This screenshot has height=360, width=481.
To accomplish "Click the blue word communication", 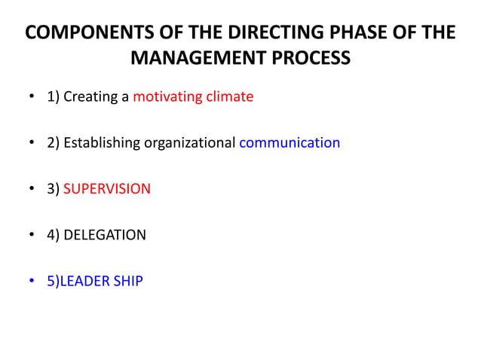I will point(290,142).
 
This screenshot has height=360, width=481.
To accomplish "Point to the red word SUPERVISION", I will point(106,188).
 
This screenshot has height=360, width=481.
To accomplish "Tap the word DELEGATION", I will point(105,235).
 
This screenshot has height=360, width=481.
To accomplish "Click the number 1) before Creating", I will point(53,97).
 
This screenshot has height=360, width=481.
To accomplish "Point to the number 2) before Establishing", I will point(53,142).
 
